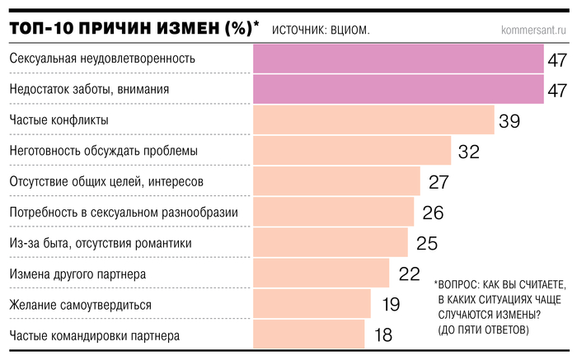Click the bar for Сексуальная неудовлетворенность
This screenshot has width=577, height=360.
coord(397,58)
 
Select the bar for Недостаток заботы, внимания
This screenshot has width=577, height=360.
coord(397,89)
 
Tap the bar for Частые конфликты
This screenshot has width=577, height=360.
coord(373,120)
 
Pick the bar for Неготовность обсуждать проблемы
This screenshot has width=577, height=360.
coord(351,151)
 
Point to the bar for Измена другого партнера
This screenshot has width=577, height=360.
coord(320,274)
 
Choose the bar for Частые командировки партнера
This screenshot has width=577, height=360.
coord(307,334)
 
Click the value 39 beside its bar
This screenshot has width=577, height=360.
coord(509,121)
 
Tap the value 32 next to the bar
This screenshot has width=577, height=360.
coord(468,152)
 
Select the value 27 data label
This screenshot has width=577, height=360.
coord(438,182)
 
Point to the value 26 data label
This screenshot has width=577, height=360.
coord(433,213)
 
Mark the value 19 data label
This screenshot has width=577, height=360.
coord(391,304)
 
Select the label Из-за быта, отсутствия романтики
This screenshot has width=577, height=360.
coord(100,243)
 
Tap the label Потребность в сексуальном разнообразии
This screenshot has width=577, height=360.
coord(124,213)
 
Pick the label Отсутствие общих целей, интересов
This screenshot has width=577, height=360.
coord(106,181)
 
